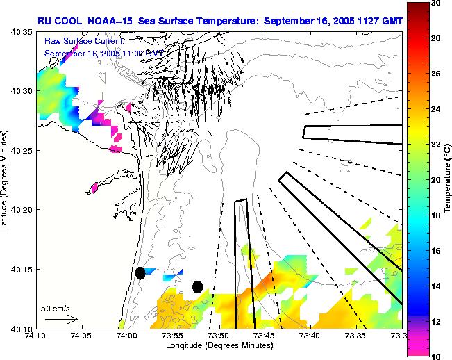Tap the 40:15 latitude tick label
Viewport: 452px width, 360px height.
point(22,269)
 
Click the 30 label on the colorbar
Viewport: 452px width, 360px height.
point(435,3)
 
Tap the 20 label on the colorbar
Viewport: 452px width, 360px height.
point(435,179)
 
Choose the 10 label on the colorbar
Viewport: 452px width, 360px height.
point(435,356)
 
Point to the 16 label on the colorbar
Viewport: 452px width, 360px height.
point(435,250)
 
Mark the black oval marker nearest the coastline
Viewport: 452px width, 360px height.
point(140,273)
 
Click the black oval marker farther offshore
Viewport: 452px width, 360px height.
point(197,286)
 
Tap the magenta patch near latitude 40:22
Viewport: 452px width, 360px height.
point(94,187)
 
